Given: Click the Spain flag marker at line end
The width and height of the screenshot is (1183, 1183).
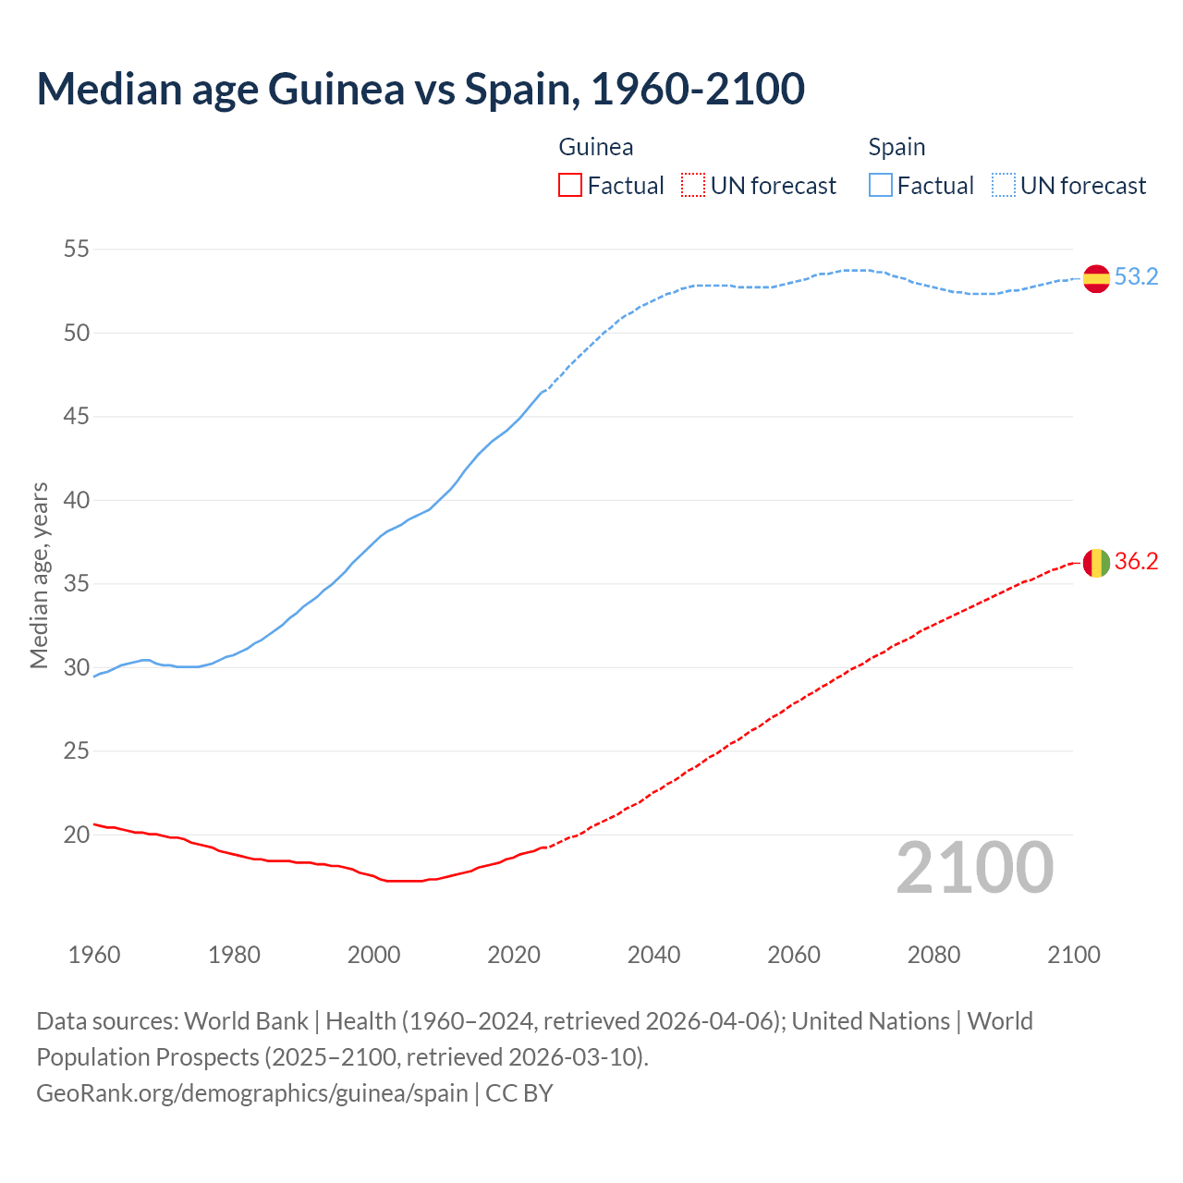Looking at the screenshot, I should tap(1096, 278).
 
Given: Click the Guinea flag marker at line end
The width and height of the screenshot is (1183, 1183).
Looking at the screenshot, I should tap(1096, 562).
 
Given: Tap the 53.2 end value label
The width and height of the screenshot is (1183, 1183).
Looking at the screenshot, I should tap(1136, 277).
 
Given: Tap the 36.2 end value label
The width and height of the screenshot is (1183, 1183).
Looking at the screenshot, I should tap(1136, 562).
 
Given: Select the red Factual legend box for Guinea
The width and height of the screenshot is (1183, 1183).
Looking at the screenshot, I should tap(570, 186).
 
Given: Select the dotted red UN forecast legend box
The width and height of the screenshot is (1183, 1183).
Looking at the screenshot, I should tap(693, 186).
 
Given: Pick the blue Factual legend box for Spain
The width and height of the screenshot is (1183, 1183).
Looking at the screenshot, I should tap(881, 186).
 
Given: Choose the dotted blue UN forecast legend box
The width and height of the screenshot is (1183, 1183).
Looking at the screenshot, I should tap(1004, 186).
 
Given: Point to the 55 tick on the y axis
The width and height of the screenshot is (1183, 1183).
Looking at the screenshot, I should tap(77, 250).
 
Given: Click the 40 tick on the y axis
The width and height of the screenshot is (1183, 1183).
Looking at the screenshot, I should tap(77, 500).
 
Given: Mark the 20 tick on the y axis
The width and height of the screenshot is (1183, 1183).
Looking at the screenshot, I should tap(77, 835).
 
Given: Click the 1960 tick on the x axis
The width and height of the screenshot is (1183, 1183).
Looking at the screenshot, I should tap(94, 955).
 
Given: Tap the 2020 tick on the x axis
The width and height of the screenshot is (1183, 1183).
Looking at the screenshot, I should tap(514, 955).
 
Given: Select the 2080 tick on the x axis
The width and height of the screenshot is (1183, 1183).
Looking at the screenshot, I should tap(933, 955).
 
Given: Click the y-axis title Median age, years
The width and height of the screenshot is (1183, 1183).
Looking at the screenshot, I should tap(39, 575).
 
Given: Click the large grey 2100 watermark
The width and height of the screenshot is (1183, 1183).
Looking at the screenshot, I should tap(975, 868).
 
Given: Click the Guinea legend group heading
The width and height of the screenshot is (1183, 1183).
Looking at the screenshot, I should tap(596, 147).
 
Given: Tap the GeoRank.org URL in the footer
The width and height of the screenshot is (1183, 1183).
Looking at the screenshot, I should tap(252, 1093).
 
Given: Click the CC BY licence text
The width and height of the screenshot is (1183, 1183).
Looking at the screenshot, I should tap(519, 1093).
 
